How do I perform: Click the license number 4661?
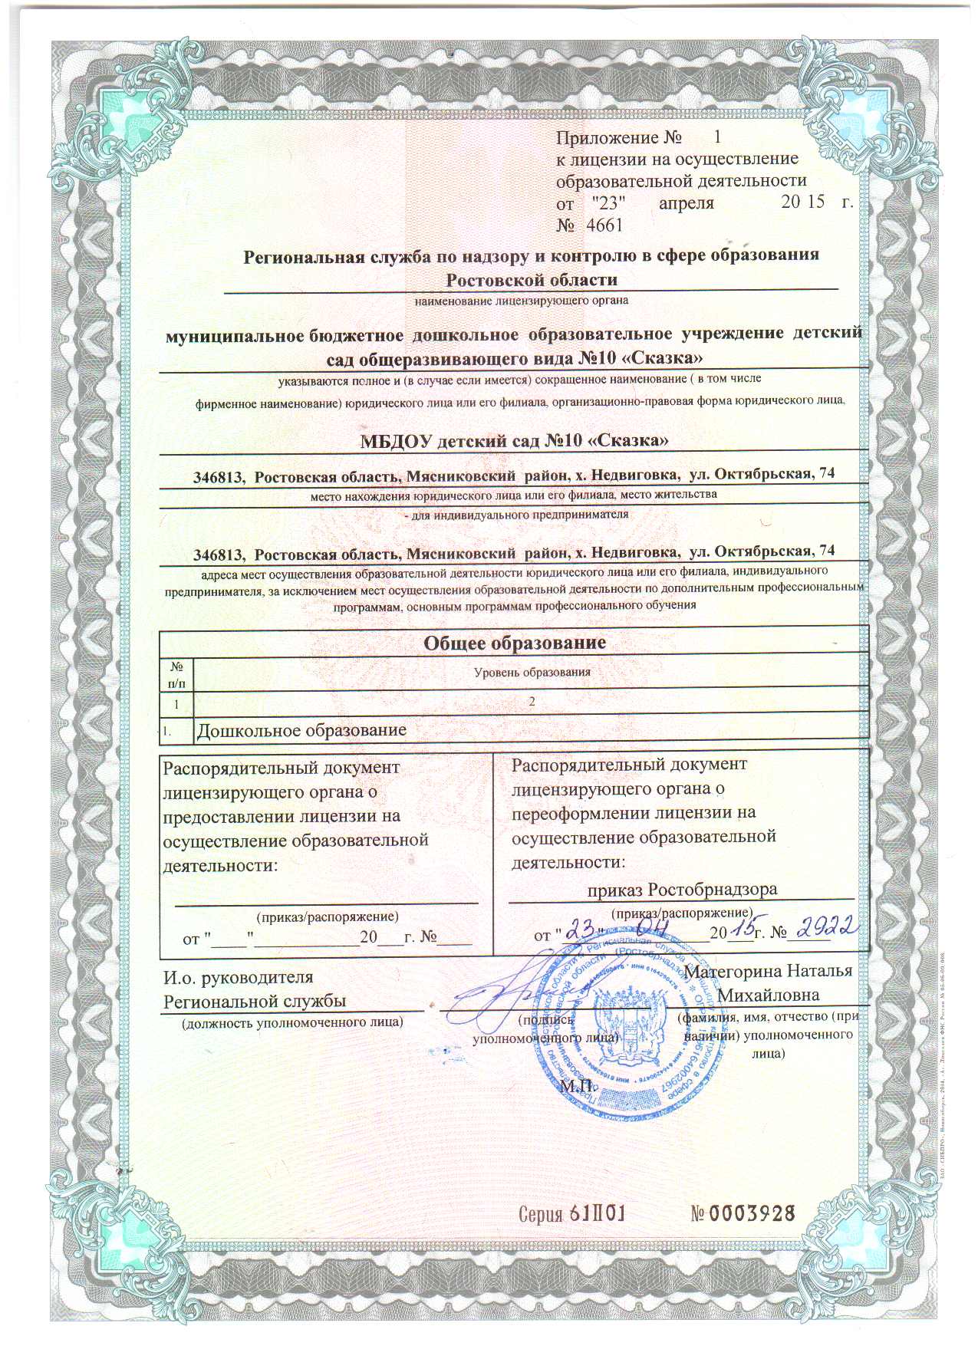coord(604,225)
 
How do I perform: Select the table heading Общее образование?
coord(515,642)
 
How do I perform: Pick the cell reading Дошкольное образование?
coord(302,729)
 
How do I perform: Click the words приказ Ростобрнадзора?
coord(682,889)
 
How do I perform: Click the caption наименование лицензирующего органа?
coord(521,300)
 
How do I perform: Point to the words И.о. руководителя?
coord(239,977)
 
